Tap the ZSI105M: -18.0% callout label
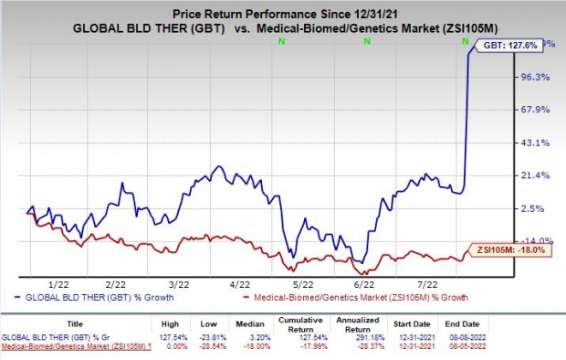coord(514,249)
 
